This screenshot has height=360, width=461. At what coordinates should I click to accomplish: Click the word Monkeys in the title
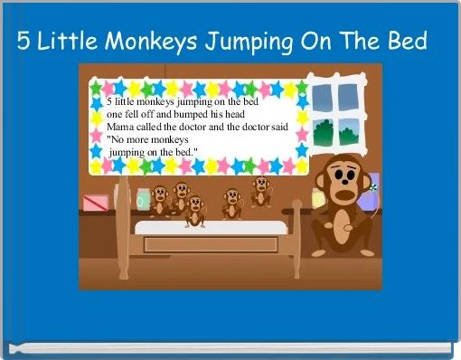(153, 42)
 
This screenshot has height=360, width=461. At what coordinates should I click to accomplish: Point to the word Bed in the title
(407, 42)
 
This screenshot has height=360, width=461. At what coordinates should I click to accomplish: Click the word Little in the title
(71, 42)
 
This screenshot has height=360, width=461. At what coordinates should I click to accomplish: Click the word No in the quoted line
(118, 140)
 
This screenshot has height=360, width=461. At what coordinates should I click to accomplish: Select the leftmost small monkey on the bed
(161, 199)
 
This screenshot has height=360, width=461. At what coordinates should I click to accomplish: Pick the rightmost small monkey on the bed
(260, 191)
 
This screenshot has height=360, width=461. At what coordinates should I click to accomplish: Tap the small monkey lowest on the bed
(194, 211)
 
